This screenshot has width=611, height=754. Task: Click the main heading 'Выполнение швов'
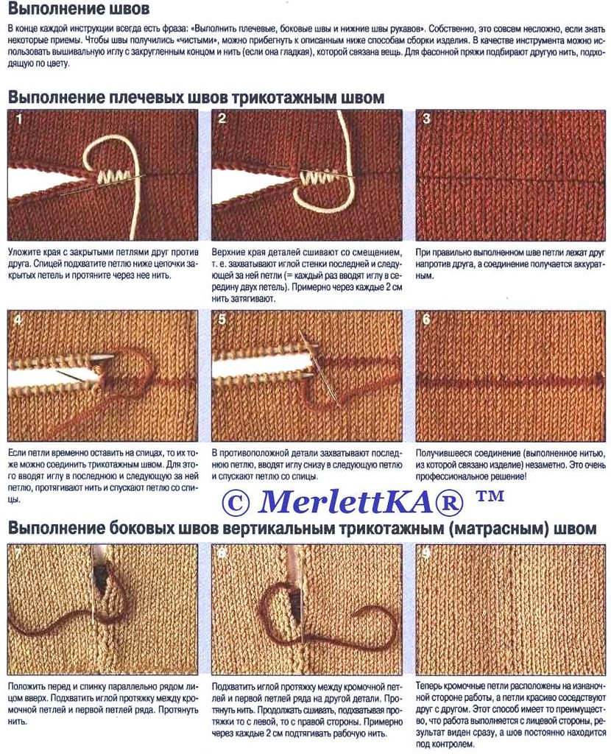[x=79, y=9]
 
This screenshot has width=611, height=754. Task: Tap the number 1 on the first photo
[x=19, y=119]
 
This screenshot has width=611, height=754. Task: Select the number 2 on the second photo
[x=222, y=119]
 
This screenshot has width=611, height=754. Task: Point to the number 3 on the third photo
[x=426, y=119]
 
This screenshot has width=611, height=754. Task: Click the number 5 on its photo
[x=222, y=320]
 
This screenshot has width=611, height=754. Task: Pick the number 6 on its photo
[x=426, y=320]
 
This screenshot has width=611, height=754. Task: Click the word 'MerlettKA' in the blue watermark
[x=343, y=501]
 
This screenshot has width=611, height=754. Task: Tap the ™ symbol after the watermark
[x=490, y=496]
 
